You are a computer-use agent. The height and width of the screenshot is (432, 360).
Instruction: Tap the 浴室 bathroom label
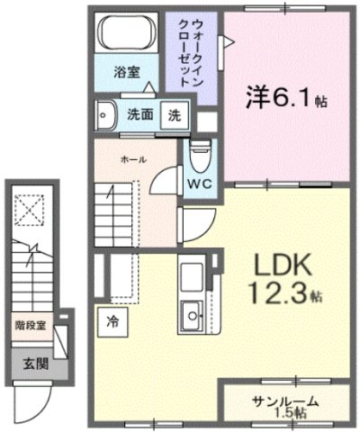(x=127, y=72)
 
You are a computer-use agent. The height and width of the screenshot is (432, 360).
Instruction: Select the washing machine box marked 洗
(x=175, y=115)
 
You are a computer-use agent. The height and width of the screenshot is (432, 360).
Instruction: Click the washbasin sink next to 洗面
(x=104, y=115)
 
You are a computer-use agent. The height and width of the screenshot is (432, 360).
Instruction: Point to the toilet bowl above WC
(x=202, y=156)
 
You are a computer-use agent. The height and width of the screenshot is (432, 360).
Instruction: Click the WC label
(x=200, y=184)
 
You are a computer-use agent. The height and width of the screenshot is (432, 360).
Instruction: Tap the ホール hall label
(x=133, y=159)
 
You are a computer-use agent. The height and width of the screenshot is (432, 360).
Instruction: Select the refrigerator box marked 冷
(x=112, y=322)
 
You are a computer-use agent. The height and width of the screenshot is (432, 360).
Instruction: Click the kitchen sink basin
(x=192, y=315)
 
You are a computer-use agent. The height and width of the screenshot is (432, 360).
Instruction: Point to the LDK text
(x=283, y=265)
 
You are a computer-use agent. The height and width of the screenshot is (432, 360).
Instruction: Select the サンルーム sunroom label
(x=285, y=401)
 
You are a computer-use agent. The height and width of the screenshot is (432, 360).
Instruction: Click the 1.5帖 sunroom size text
(x=291, y=413)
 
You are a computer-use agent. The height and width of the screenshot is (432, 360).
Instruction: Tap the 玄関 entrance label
(x=36, y=364)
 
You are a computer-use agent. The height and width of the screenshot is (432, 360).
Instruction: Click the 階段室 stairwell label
(x=31, y=325)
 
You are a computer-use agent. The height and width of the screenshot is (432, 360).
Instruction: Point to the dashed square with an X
(x=30, y=210)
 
